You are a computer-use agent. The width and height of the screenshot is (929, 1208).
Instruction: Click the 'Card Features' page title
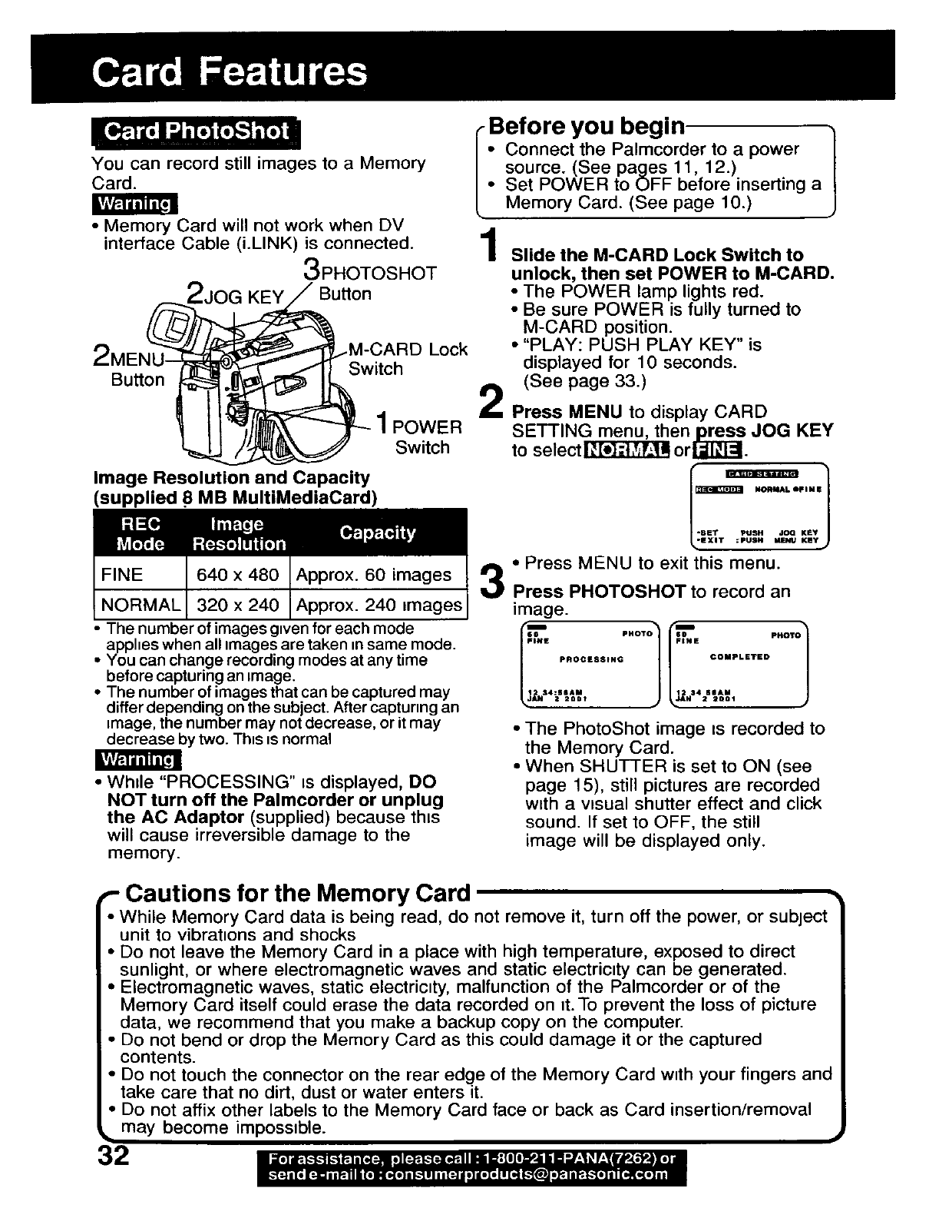pyautogui.click(x=229, y=72)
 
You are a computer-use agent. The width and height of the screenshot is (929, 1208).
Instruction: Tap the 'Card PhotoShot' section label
pyautogui.click(x=196, y=131)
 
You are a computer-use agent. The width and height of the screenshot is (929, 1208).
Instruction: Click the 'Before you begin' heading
pyautogui.click(x=587, y=125)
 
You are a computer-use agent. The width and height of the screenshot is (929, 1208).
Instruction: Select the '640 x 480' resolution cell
pyautogui.click(x=237, y=575)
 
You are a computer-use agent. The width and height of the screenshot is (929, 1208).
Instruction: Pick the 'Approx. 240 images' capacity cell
pyautogui.click(x=379, y=605)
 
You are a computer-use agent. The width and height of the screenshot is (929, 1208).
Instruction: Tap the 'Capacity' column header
pyautogui.click(x=377, y=533)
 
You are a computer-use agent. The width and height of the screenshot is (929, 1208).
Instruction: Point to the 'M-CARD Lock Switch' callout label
pyautogui.click(x=407, y=359)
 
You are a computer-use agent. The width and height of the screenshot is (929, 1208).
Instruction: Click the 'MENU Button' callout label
pyautogui.click(x=132, y=369)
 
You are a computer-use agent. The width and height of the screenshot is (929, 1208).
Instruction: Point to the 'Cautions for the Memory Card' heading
pyautogui.click(x=297, y=893)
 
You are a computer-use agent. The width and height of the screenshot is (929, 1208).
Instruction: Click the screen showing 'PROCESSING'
pyautogui.click(x=590, y=663)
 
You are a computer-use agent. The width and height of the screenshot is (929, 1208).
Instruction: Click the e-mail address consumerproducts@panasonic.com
pyautogui.click(x=494, y=1175)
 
